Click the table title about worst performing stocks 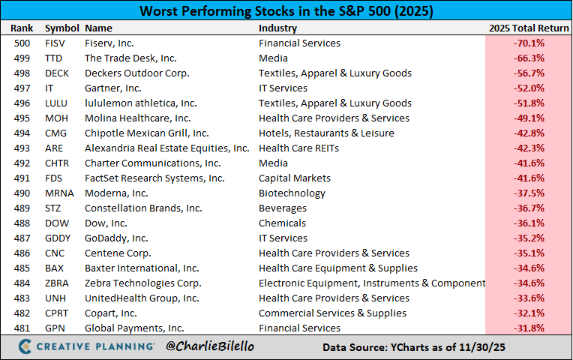pos(286,12)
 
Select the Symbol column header pos(61,28)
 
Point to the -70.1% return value pos(529,43)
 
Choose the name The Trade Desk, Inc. pos(130,58)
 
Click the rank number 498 pos(22,73)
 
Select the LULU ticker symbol pos(58,103)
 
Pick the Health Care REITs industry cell pos(298,148)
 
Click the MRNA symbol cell pos(59,193)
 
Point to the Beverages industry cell pos(283,208)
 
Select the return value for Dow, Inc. pos(529,223)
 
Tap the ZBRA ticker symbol pos(58,283)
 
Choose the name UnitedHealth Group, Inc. pos(142,298)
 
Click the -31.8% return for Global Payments pos(529,328)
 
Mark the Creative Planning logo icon pos(25,347)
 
